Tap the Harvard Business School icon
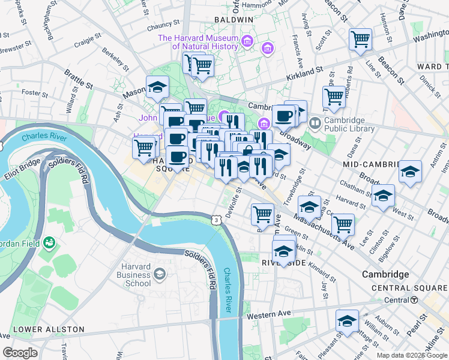click(x=159, y=274)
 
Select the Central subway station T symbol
click(x=414, y=300)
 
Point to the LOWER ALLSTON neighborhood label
click(x=40, y=329)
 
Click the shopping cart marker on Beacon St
click(x=360, y=39)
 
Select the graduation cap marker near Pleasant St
click(x=347, y=321)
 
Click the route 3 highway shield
click(x=215, y=220)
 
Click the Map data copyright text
click(x=411, y=355)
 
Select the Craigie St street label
click(x=86, y=44)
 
